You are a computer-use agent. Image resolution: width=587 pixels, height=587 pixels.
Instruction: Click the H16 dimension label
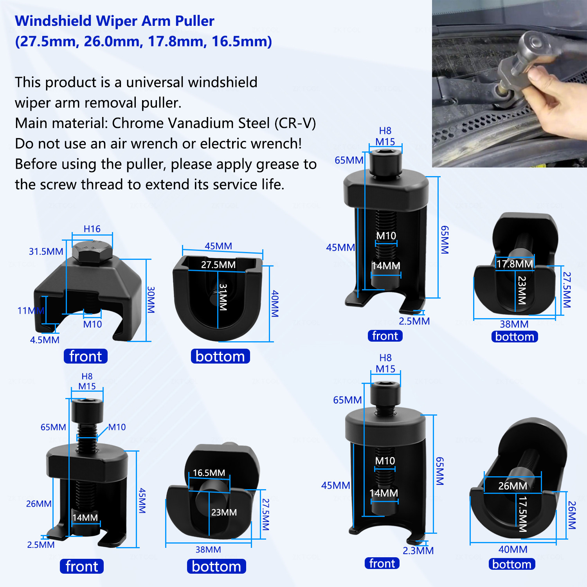[92, 229]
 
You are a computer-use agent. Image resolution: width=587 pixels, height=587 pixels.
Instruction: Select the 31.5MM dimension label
[46, 252]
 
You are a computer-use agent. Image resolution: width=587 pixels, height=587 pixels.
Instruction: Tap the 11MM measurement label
[31, 311]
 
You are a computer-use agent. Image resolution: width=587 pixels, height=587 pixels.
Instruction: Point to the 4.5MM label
[45, 340]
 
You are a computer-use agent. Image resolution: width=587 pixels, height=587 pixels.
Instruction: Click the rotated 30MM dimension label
[151, 300]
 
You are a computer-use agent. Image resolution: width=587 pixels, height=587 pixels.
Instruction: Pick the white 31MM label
[223, 297]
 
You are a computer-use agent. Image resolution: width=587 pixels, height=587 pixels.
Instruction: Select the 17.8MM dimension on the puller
[515, 264]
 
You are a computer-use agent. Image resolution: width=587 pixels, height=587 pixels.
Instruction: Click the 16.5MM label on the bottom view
[209, 473]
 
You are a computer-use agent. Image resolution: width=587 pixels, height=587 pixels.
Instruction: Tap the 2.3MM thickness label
[418, 551]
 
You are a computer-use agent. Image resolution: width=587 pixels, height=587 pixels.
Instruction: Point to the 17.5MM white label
[522, 514]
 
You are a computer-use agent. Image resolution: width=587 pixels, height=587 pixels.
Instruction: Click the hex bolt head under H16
[92, 252]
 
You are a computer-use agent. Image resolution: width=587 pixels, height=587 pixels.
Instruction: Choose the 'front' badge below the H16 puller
[86, 356]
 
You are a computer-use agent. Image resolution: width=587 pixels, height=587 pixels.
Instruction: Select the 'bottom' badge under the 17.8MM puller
[515, 337]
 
